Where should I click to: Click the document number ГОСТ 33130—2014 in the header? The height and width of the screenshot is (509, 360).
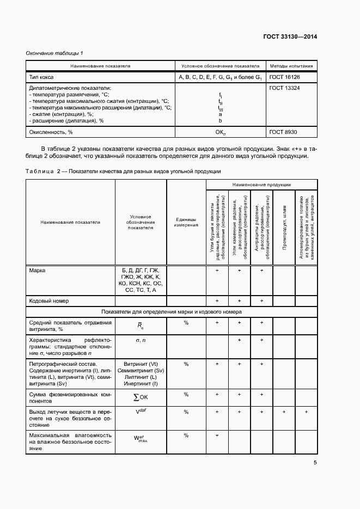click(x=289, y=37)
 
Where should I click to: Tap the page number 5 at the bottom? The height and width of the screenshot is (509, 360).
click(x=315, y=463)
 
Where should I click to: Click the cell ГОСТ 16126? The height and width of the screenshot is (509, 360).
click(x=284, y=77)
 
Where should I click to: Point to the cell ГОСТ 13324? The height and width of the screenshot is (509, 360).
click(x=284, y=88)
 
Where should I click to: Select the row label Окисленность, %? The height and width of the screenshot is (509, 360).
click(x=51, y=132)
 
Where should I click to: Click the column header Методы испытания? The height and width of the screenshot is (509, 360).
click(x=291, y=65)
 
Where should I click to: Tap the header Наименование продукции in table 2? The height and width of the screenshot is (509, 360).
click(x=261, y=185)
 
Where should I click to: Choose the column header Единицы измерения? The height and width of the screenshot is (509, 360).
click(x=186, y=222)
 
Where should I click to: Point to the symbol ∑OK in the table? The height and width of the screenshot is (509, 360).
click(x=141, y=396)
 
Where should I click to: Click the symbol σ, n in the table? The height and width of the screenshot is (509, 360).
click(x=141, y=340)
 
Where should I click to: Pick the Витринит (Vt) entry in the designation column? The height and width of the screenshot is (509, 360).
click(x=141, y=364)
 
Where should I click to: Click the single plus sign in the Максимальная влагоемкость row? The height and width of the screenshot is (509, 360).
click(x=217, y=436)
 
